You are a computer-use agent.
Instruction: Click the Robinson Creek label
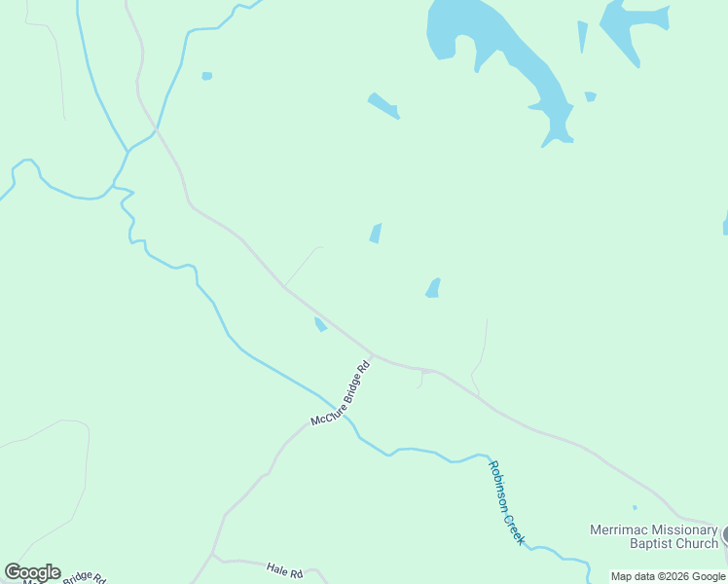click(x=506, y=502)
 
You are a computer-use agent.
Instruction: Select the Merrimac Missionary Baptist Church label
click(x=653, y=536)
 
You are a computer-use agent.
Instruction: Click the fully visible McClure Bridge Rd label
click(x=341, y=394)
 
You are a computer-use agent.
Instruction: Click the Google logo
click(x=32, y=572)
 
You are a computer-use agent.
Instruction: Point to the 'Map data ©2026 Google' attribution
click(x=668, y=576)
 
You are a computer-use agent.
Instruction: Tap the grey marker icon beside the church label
click(x=724, y=535)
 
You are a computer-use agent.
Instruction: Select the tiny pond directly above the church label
click(x=635, y=507)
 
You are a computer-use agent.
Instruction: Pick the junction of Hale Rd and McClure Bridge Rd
click(x=213, y=556)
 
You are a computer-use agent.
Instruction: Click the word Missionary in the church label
click(x=677, y=530)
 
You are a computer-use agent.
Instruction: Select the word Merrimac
click(x=614, y=530)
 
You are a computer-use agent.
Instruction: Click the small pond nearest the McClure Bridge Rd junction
click(x=319, y=324)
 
